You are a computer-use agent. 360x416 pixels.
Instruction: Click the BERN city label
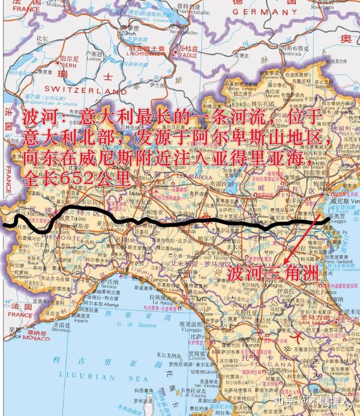[67, 64]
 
